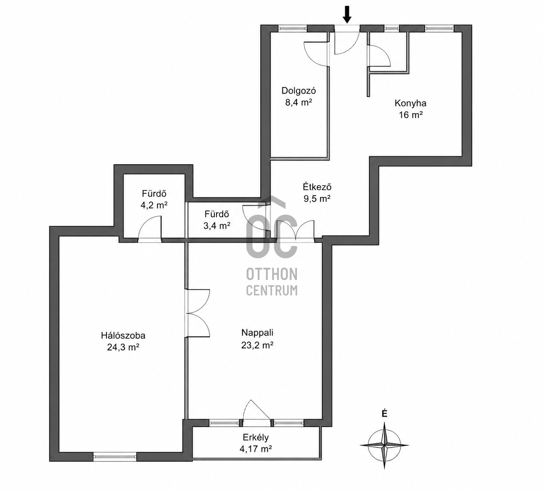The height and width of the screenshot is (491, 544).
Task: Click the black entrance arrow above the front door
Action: point(347,15)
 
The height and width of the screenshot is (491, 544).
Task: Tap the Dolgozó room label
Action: point(299,91)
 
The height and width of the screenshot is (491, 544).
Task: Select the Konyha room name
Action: point(410,103)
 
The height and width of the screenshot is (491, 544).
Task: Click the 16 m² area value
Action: point(410,115)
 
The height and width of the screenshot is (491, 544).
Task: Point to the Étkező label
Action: point(317,187)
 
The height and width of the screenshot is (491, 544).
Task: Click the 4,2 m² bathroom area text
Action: point(154,206)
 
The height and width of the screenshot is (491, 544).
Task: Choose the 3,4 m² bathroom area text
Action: point(217,225)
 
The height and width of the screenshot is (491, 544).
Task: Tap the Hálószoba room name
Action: point(123,336)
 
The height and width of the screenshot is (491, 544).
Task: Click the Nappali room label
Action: point(257,332)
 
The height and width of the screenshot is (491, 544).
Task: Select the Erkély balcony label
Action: point(256,437)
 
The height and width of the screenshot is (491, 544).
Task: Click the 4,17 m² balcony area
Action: point(256,449)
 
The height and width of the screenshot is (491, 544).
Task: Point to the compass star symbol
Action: point(384,445)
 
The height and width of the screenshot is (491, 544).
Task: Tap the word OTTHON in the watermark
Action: point(272,274)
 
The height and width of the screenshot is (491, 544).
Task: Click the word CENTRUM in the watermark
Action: point(272,290)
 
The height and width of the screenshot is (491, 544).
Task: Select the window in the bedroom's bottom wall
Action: point(115,456)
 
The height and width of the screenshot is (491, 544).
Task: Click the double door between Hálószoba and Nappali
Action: point(198,313)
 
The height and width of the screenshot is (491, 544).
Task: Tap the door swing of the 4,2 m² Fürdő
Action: point(150,227)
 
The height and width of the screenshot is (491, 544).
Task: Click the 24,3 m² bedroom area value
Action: point(123,347)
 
